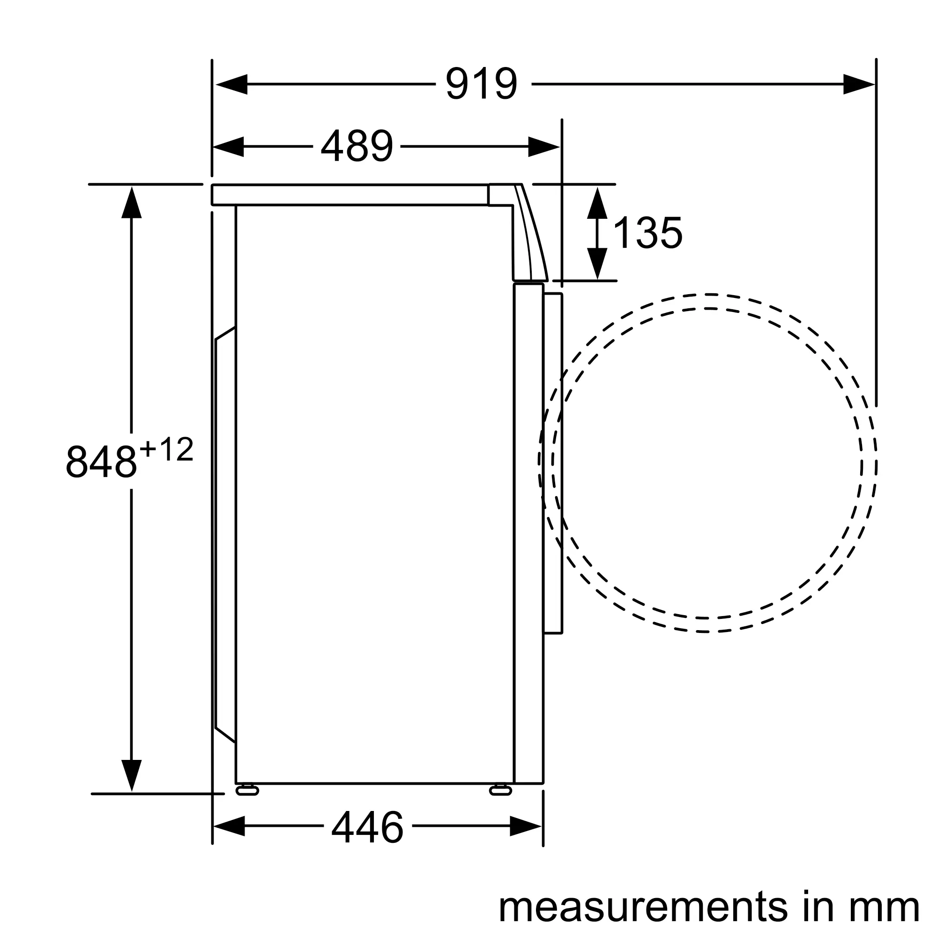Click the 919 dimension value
[x=482, y=84]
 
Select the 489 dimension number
[x=357, y=146]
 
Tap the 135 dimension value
[x=647, y=233]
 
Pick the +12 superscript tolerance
[x=166, y=449]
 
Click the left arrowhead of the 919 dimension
[x=231, y=84]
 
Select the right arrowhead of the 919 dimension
[x=859, y=84]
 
